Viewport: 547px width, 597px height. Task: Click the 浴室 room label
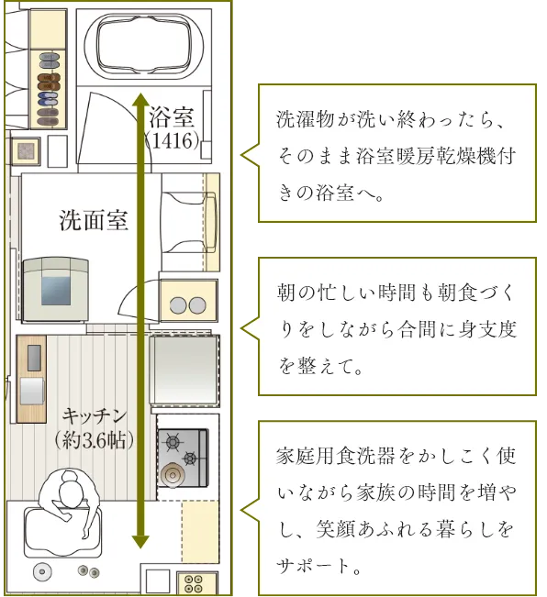point(172,116)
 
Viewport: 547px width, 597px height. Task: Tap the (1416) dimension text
point(173,141)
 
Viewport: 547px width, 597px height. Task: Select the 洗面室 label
point(94,220)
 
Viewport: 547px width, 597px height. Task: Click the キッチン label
point(95,415)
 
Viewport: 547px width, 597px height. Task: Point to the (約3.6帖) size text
point(95,440)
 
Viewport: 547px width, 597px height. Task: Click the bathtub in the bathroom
point(143,46)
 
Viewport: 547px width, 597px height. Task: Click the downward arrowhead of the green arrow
point(140,541)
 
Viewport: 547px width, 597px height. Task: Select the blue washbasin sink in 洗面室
point(56,291)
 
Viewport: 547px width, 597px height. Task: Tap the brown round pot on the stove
point(173,474)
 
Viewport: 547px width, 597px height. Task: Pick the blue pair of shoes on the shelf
point(48,99)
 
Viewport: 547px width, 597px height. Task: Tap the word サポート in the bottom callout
point(313,566)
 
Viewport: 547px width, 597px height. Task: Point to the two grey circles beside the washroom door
point(188,305)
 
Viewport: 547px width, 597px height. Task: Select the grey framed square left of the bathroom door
point(26,151)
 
